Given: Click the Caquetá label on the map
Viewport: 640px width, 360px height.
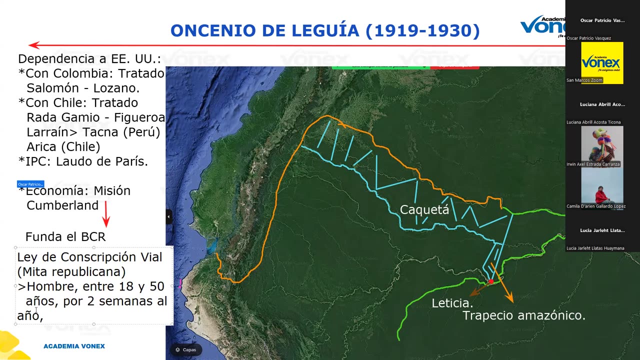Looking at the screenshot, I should (424, 209).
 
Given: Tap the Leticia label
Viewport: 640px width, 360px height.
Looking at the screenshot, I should (452, 303).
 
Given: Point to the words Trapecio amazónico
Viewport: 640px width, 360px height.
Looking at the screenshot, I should (523, 315).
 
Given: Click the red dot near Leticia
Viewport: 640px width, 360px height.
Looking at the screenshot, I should (491, 281).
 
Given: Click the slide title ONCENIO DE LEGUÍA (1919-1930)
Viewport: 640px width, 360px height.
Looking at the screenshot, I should (325, 31).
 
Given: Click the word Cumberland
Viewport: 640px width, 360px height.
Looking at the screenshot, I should (62, 205).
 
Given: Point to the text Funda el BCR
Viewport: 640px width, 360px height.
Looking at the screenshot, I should (65, 237).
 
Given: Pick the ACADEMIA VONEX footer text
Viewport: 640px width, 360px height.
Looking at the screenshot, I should (74, 346).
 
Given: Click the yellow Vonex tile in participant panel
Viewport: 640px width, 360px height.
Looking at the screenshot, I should (602, 62).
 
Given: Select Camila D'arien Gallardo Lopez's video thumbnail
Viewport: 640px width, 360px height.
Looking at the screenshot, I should (602, 185).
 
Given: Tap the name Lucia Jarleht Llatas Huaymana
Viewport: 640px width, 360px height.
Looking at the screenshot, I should (595, 248).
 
